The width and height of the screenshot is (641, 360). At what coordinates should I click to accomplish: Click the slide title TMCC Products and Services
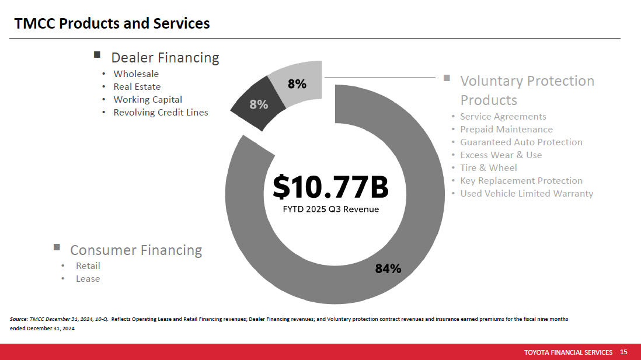coord(112,23)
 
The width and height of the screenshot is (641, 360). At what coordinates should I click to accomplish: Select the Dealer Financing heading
coord(165,58)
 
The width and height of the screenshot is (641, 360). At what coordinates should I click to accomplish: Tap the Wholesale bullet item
coord(136,74)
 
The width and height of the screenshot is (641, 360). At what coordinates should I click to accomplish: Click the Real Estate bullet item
coord(137,86)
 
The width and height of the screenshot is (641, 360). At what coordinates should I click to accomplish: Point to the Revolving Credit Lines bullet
coord(161,112)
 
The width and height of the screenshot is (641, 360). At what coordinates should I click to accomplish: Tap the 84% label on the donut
coord(388,268)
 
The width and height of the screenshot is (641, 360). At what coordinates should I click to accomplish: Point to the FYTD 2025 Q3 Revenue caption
coord(330,209)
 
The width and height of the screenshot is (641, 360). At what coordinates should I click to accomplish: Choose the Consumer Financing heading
coord(136,250)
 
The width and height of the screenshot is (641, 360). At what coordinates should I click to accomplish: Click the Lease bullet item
coord(88,278)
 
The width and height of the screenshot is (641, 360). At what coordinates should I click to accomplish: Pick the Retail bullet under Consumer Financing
coord(88,265)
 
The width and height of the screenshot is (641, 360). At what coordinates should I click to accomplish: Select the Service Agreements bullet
coord(503,117)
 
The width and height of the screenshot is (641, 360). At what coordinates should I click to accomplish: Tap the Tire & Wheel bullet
coord(488,168)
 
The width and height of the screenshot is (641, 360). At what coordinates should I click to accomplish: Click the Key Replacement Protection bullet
coord(521,181)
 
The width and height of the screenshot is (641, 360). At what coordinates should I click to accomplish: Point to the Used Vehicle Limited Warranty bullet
coord(526,194)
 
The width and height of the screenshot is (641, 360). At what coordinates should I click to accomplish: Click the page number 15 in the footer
coord(623,352)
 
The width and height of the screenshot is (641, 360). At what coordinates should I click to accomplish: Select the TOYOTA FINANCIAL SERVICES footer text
coord(568,352)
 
